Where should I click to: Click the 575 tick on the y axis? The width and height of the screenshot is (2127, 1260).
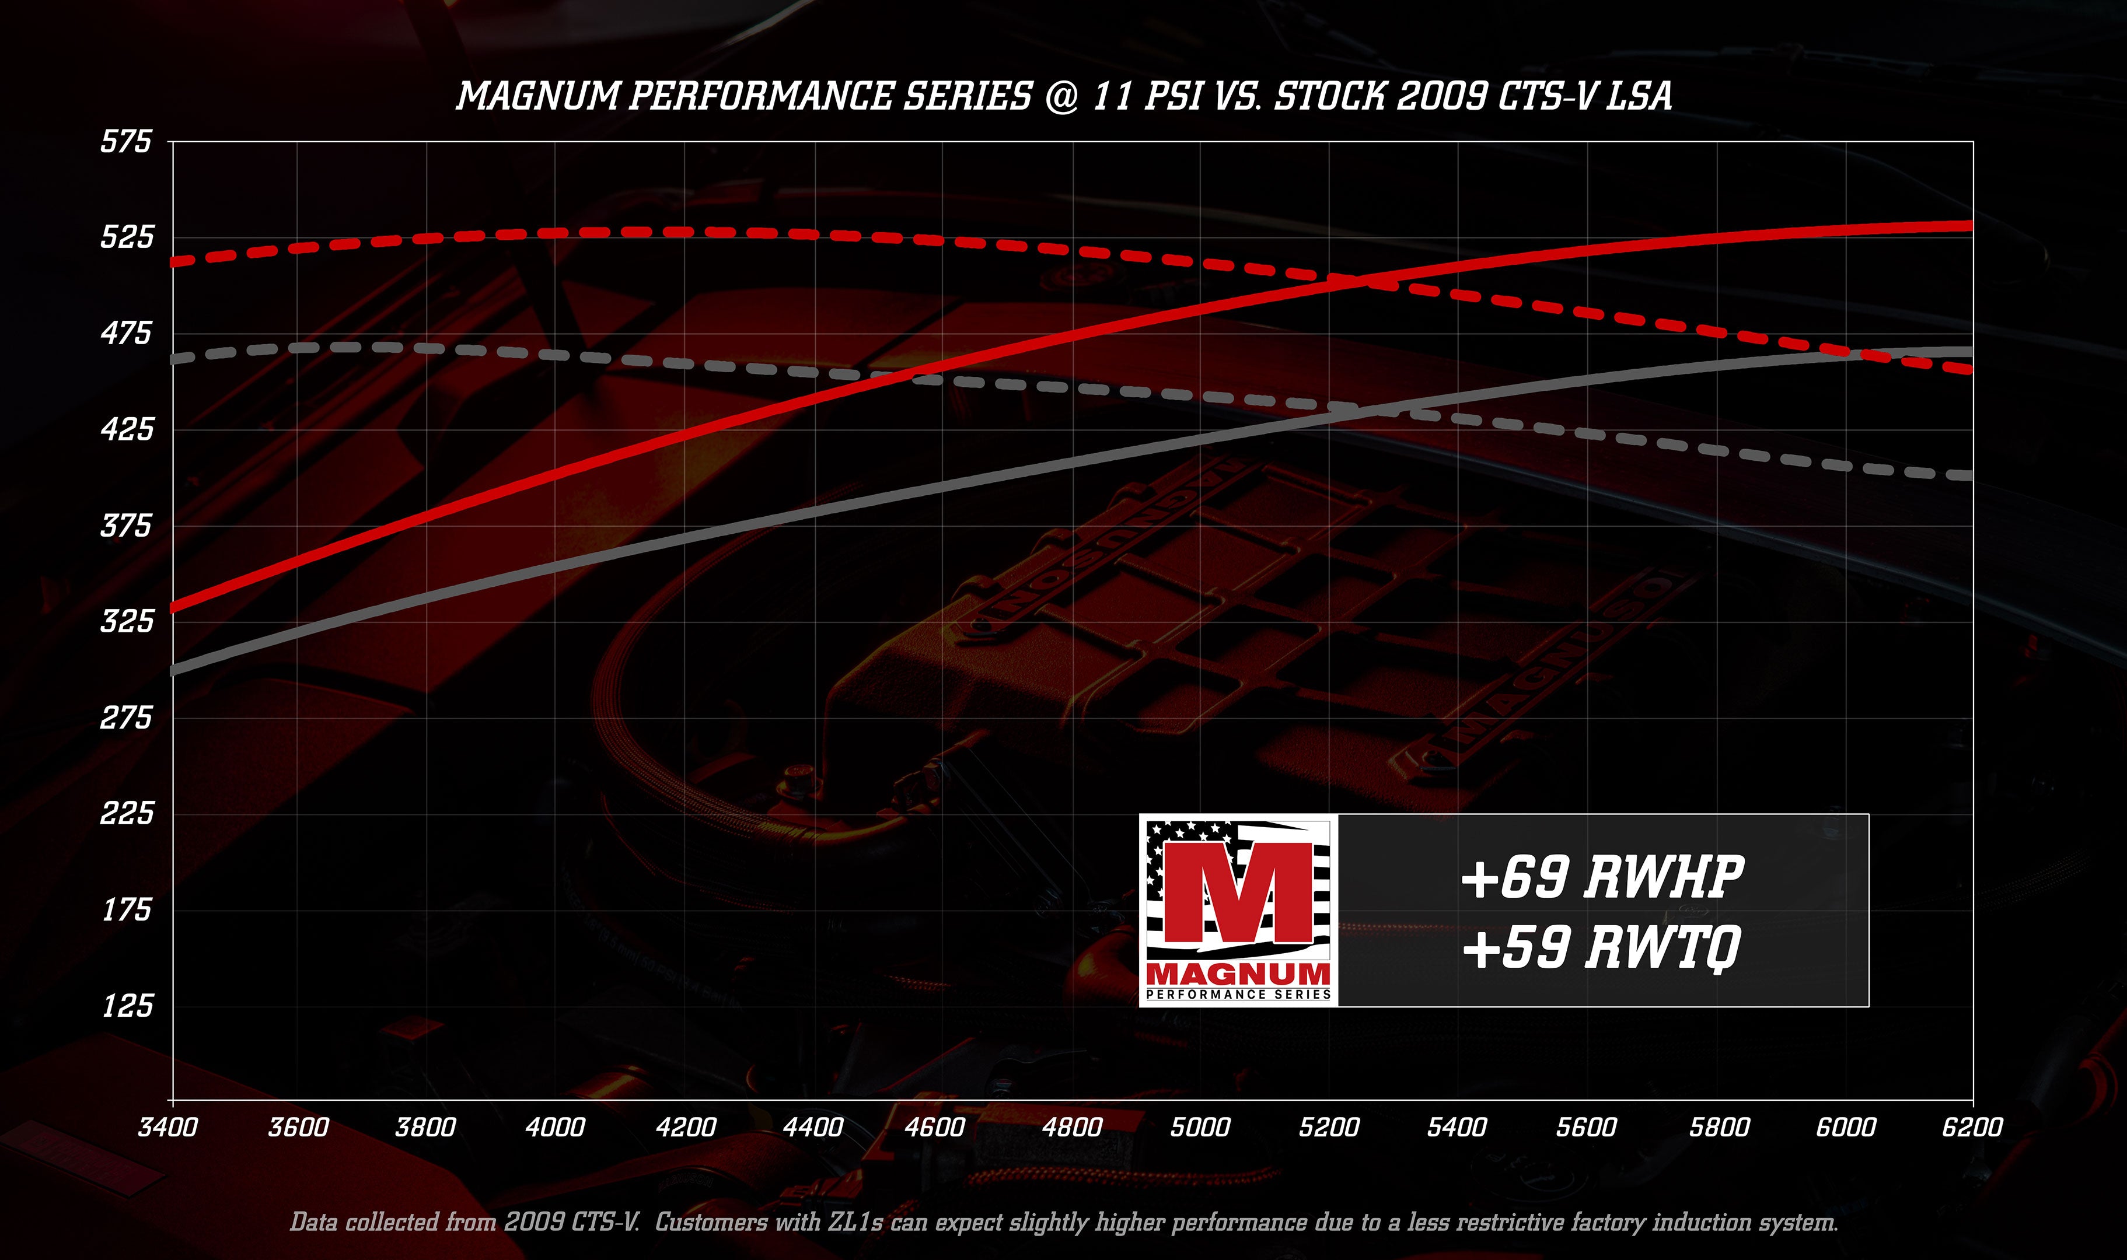point(125,141)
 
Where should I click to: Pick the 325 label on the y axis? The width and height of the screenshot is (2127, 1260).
point(127,621)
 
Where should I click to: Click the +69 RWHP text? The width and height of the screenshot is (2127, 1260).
point(1602,877)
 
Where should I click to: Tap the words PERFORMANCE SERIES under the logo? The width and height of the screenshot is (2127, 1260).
point(1238,994)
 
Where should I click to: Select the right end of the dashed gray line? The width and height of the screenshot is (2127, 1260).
point(1970,475)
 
